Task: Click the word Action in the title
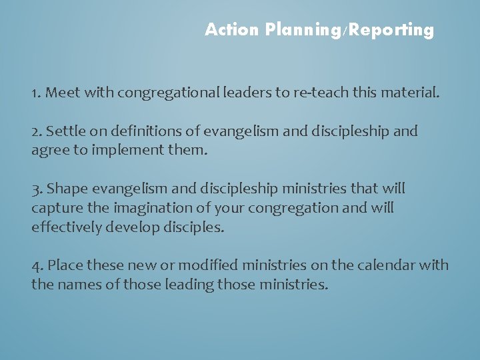tap(232, 30)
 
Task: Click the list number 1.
tap(35, 93)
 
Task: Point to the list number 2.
tap(36, 131)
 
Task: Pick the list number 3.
tap(36, 189)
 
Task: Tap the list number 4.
tap(37, 266)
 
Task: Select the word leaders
tap(245, 93)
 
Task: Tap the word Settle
tap(67, 131)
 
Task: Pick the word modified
tap(197, 266)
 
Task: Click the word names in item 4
tap(77, 285)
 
